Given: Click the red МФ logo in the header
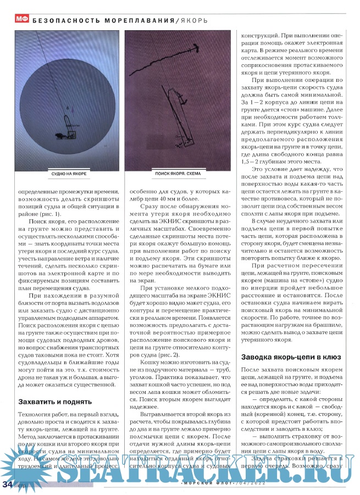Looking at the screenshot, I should tap(21, 19).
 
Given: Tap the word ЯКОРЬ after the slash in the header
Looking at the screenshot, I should tap(193, 20).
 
